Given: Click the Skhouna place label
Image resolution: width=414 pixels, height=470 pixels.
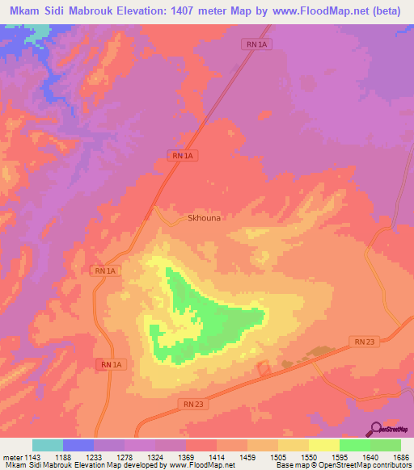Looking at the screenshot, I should (x=204, y=217).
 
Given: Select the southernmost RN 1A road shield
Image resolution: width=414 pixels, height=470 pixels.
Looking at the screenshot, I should (x=111, y=365).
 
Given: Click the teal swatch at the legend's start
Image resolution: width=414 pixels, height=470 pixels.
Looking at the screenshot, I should (x=48, y=446).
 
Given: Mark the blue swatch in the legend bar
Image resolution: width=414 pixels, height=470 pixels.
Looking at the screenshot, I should (x=78, y=446).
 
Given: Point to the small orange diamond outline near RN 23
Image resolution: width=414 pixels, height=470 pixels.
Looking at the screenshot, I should (x=264, y=368).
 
